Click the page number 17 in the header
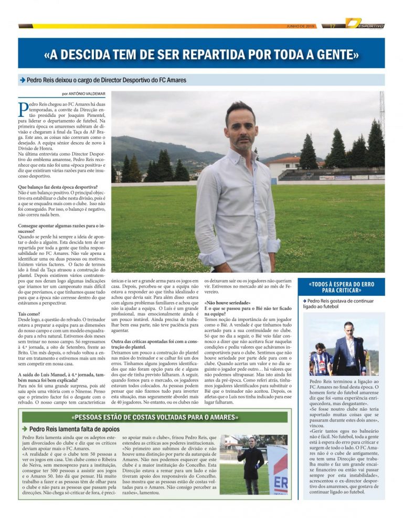tap(333, 26)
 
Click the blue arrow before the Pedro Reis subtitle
tap(22, 80)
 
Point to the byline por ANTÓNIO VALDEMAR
tap(83, 94)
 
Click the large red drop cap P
tap(24, 111)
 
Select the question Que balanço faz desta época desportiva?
tap(58, 187)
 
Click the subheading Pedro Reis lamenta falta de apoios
tap(76, 429)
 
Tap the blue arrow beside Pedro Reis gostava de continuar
tap(304, 301)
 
